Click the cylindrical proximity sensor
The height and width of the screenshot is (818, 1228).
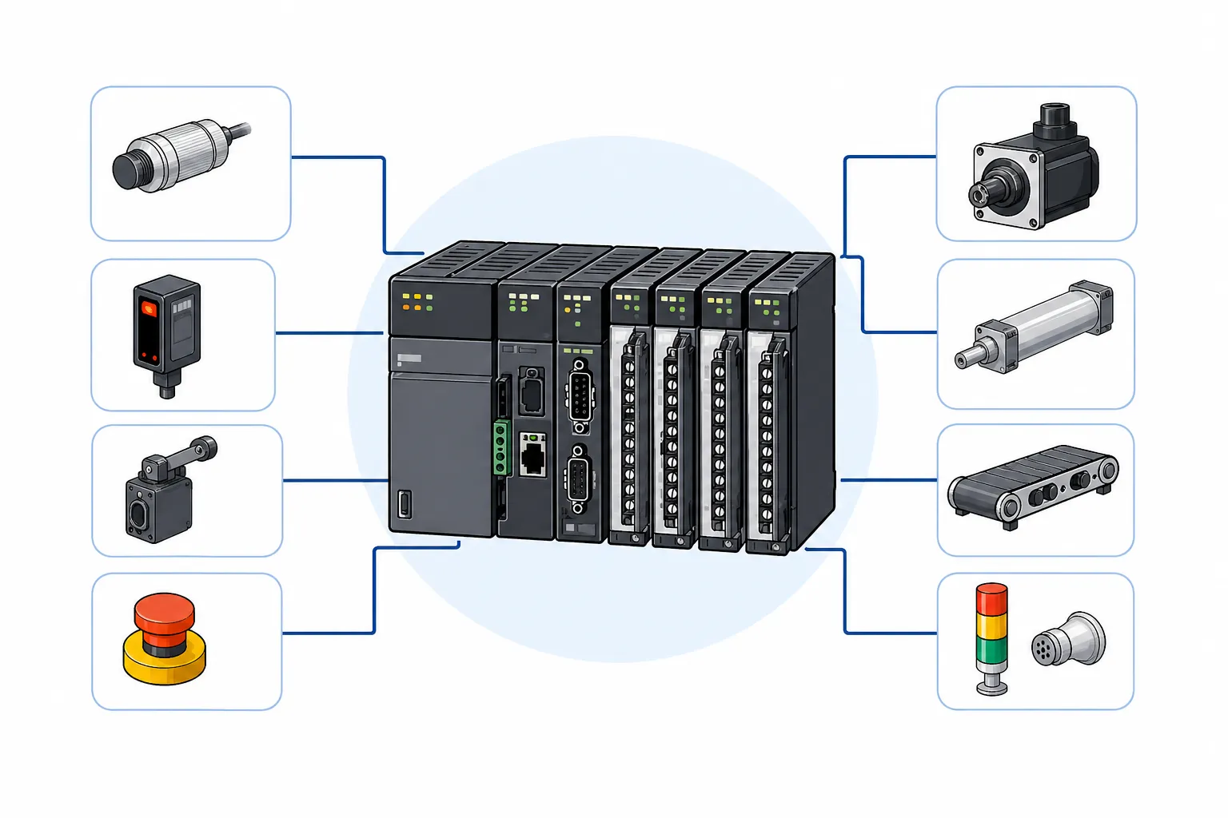(x=176, y=155)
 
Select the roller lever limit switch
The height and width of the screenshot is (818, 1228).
(x=160, y=499)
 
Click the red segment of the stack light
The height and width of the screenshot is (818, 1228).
(x=992, y=599)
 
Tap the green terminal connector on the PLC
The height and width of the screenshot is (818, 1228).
(x=501, y=447)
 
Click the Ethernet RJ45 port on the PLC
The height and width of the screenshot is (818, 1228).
(x=532, y=457)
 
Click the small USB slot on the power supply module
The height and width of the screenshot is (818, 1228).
(x=405, y=506)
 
